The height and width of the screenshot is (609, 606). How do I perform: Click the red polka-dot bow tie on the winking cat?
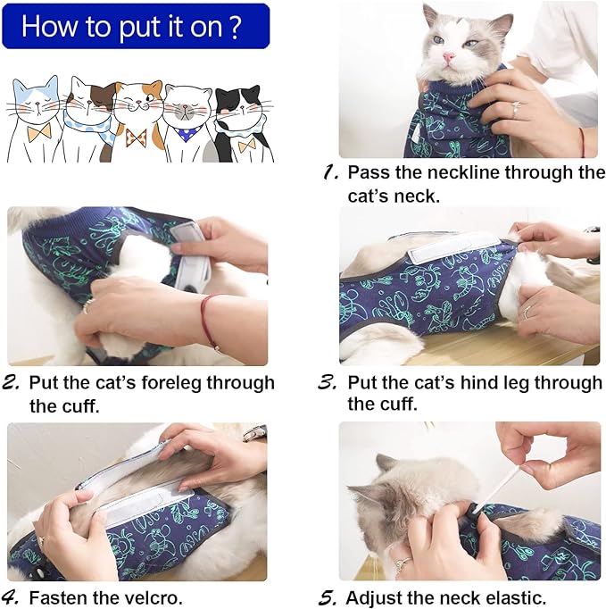(x=136, y=136)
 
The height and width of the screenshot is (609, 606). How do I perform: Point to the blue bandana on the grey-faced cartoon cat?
(x=187, y=134)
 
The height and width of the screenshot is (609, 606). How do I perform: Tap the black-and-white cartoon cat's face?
(x=237, y=112)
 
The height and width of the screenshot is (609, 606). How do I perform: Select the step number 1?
(x=329, y=171)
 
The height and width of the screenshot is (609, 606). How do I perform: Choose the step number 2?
(x=12, y=382)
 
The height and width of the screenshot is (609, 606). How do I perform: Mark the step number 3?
(x=328, y=382)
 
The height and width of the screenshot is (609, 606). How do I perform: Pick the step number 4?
(x=12, y=596)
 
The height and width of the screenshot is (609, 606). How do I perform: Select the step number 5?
(x=328, y=596)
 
